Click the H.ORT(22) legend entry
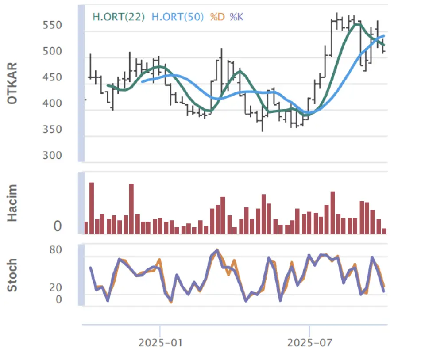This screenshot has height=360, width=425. [118, 17]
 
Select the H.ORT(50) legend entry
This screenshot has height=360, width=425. [178, 17]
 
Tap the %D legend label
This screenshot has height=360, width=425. [217, 17]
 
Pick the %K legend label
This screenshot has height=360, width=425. [236, 17]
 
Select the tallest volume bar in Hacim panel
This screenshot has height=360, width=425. [92, 208]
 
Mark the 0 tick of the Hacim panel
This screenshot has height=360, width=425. [58, 227]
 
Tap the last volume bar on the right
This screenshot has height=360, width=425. [384, 231]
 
